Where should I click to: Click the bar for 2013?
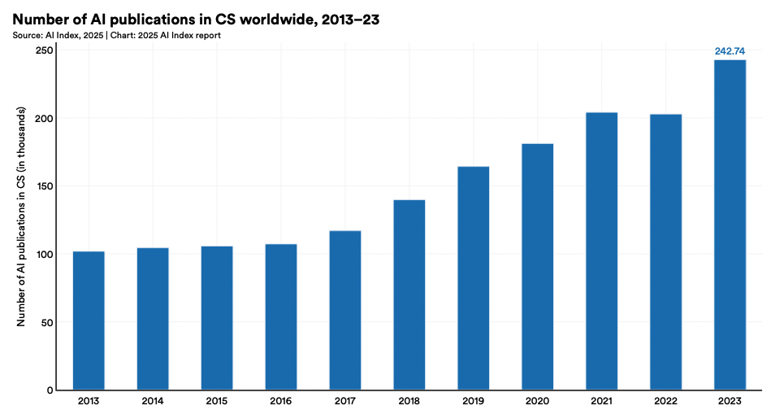coord(89,321)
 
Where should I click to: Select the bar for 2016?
coord(281,316)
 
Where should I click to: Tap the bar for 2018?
coord(409,294)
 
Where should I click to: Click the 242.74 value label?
coord(730,51)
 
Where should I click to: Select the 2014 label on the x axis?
coord(153,400)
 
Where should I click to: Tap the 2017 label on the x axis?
coord(345,400)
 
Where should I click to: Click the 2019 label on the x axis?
coord(474,400)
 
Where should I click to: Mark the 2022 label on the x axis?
coord(665,400)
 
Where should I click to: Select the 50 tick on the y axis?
coord(48,322)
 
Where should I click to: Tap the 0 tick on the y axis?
coord(50,390)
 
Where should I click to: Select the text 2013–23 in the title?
coord(351,19)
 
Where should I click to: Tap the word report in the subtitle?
coord(205,35)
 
